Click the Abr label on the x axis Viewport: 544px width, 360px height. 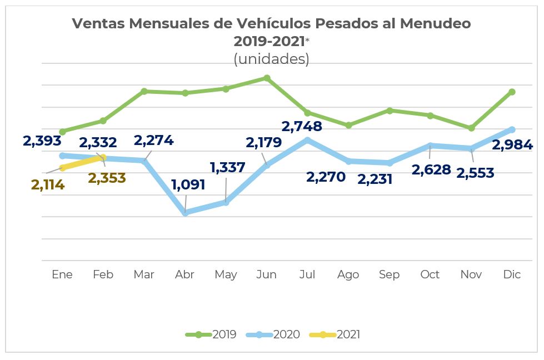[x=184, y=274]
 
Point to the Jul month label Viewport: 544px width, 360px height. [x=307, y=274]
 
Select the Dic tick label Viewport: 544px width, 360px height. [x=512, y=274]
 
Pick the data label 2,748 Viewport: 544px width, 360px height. [x=302, y=127]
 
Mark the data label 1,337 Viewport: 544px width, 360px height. [x=227, y=167]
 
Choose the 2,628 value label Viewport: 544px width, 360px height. [x=431, y=169]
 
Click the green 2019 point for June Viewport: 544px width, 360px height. [x=267, y=78]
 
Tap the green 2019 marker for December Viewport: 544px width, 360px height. [x=512, y=92]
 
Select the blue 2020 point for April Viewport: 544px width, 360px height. [x=185, y=212]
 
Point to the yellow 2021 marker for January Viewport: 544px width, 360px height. [x=63, y=167]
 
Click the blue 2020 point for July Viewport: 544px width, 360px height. [x=307, y=140]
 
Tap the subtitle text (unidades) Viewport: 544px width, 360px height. [x=271, y=59]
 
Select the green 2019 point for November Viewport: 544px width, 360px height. [x=471, y=128]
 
